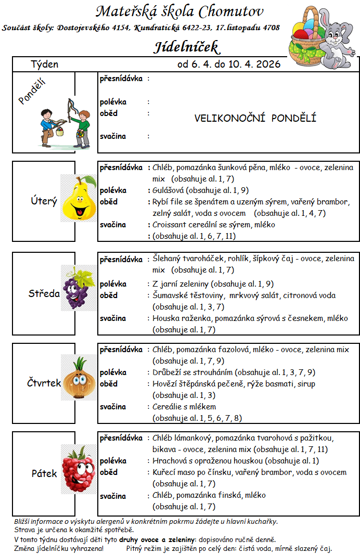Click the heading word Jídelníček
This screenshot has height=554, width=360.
(187, 47)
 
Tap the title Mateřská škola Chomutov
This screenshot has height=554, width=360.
(179, 11)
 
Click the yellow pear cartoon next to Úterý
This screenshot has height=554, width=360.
(79, 198)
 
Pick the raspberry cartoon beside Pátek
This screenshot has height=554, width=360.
(78, 468)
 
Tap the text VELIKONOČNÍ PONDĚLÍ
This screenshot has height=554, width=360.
(255, 118)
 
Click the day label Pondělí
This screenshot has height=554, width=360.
(32, 92)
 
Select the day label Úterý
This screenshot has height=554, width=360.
(44, 201)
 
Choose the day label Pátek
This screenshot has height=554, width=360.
(44, 473)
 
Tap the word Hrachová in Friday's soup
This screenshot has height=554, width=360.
(169, 461)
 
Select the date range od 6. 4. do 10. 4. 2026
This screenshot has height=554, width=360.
(228, 64)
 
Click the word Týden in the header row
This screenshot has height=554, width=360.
(44, 65)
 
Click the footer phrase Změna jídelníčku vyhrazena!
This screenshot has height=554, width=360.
(59, 548)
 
